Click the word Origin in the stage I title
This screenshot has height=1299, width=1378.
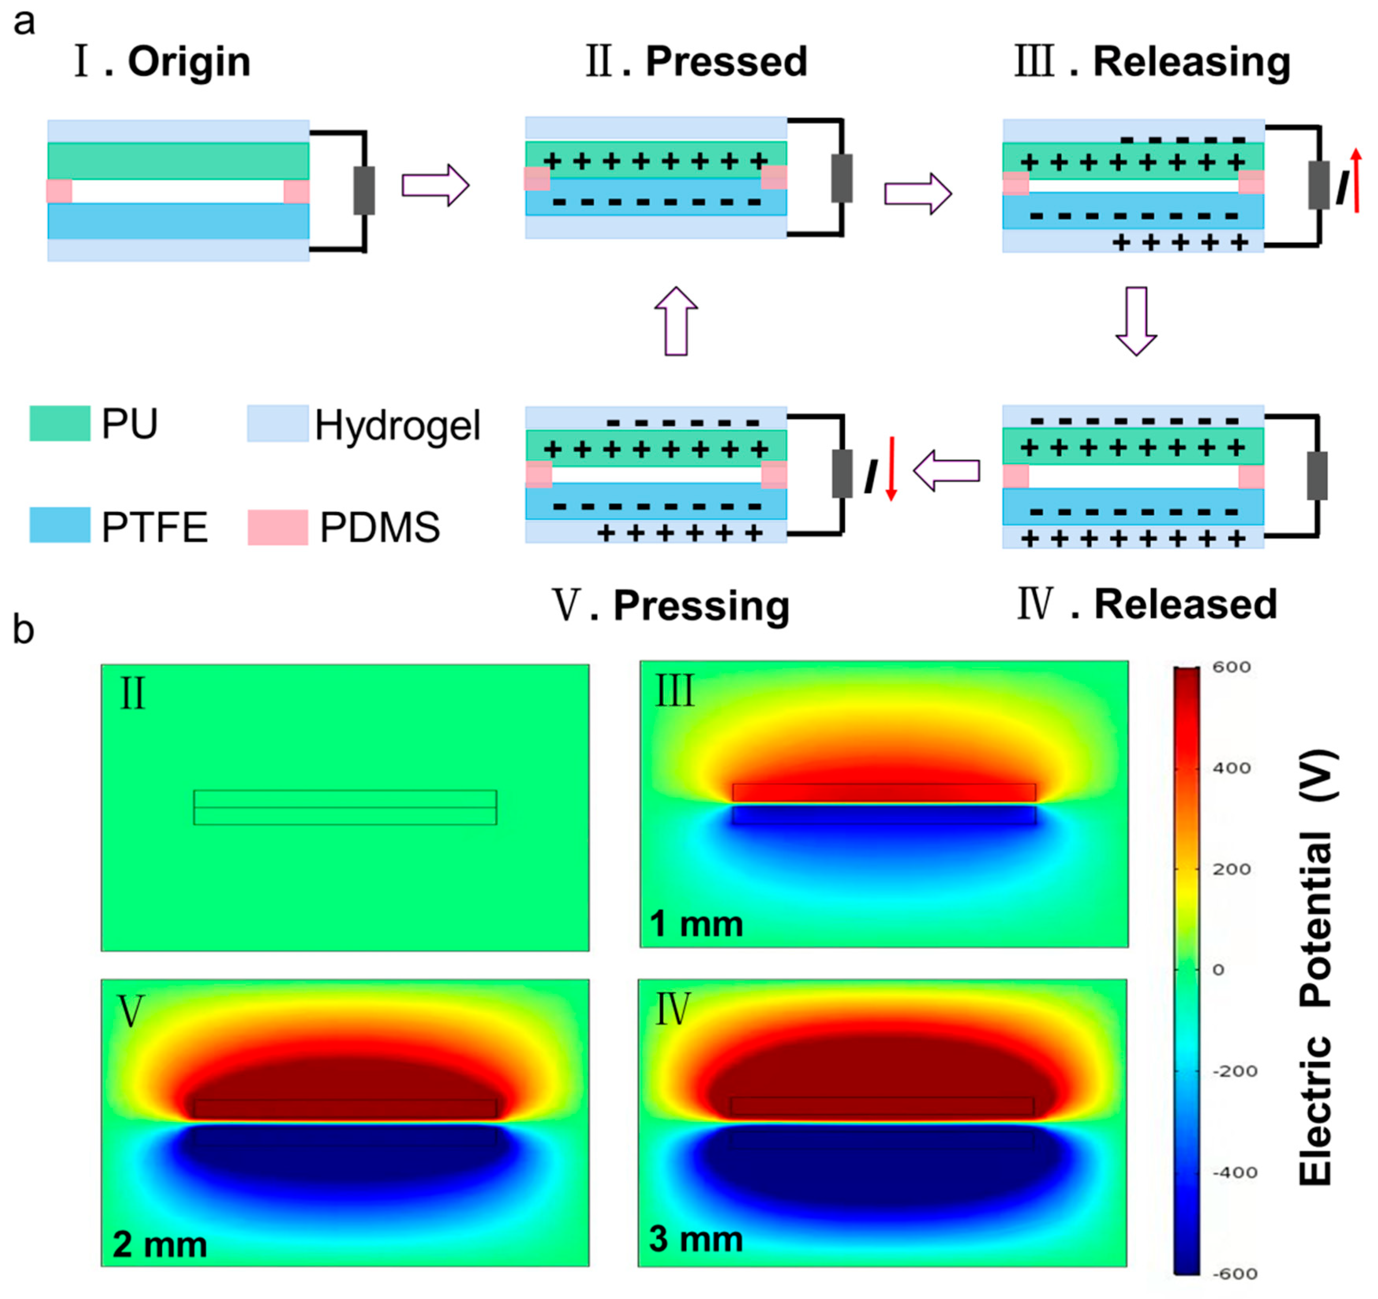pos(189,62)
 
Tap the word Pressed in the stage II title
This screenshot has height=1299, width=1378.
pos(726,62)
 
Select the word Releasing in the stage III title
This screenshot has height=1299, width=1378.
pos(1191,62)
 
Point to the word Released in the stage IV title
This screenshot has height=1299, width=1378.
pos(1185,605)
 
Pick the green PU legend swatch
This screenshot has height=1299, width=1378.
pos(60,423)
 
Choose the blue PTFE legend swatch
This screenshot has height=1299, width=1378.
pos(60,525)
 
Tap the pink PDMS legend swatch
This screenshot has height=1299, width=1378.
pos(278,527)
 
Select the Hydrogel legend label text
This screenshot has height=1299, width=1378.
pos(397,426)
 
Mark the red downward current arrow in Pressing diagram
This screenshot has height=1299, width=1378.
pos(891,468)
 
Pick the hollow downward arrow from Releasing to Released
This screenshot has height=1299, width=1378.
pos(1136,321)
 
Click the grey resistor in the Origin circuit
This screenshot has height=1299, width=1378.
pos(364,190)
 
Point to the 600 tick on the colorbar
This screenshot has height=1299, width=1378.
pos(1231,667)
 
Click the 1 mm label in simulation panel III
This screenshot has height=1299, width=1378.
pos(696,924)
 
